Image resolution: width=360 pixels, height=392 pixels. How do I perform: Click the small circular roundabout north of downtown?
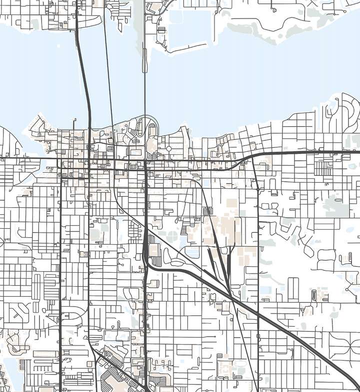click(x=168, y=148)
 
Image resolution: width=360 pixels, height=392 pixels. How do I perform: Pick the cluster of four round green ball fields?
click(x=168, y=237)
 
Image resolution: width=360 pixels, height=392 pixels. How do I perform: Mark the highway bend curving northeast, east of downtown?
click(x=245, y=158)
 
